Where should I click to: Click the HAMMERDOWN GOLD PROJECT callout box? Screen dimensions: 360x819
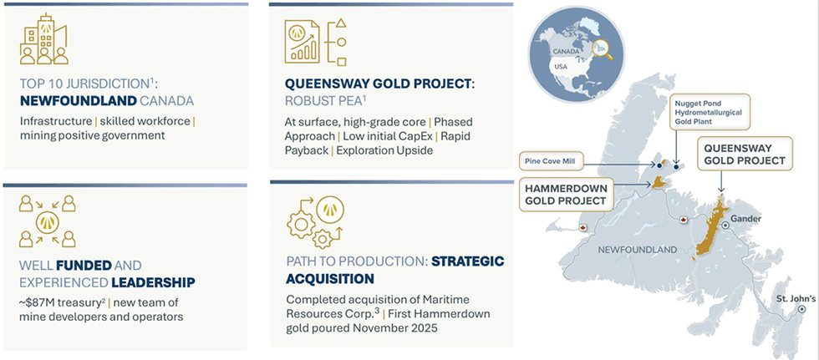(x=566, y=192)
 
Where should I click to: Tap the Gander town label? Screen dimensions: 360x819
(x=747, y=219)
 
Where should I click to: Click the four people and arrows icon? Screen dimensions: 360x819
(x=47, y=221)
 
